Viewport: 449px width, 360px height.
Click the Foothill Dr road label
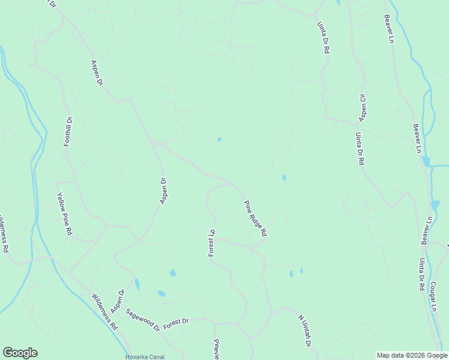click(68, 132)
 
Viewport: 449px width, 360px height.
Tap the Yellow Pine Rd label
click(64, 212)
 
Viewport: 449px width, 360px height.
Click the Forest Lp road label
click(211, 242)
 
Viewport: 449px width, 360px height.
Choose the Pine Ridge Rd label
click(255, 218)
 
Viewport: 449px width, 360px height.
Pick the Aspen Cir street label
click(363, 106)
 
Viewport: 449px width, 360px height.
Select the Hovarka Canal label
click(145, 356)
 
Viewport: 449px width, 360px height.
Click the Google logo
click(20, 353)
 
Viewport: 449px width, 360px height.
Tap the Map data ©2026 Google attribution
click(412, 355)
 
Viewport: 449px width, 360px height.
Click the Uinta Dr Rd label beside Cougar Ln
click(421, 275)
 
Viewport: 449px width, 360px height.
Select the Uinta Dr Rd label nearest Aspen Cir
click(359, 148)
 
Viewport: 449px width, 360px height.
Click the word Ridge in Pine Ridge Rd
click(255, 218)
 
